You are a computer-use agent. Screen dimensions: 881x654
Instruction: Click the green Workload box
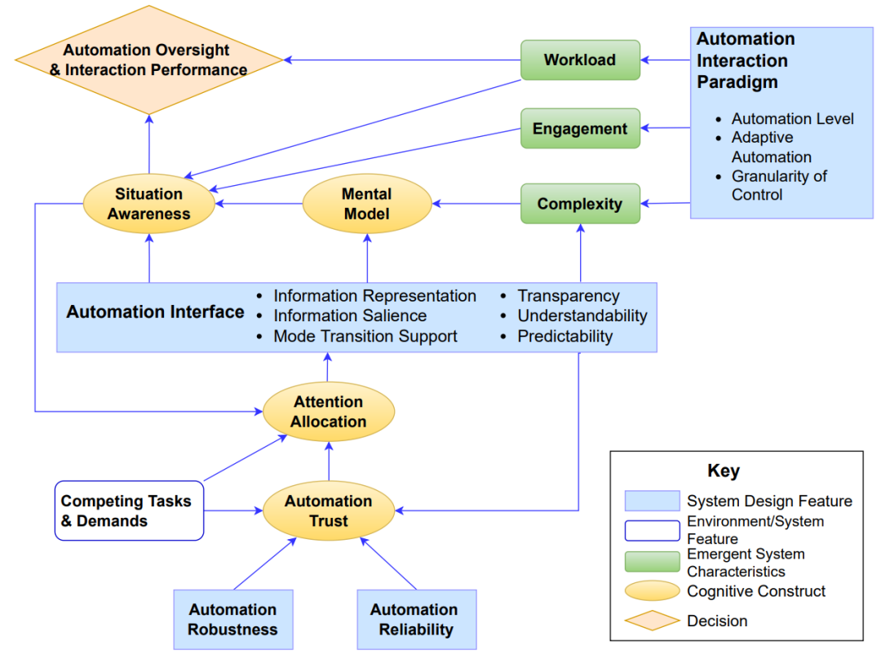(581, 60)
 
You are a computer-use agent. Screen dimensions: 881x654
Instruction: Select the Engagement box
(581, 128)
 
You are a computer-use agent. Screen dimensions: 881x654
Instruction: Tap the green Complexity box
(581, 203)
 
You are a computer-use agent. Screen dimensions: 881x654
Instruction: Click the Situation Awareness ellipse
(149, 203)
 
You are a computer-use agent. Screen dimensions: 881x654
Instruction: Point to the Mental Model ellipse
(367, 203)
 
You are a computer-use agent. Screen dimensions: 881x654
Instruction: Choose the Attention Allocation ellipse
(329, 412)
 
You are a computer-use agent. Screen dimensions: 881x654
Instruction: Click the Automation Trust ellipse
(329, 510)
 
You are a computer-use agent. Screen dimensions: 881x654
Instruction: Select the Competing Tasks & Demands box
(129, 510)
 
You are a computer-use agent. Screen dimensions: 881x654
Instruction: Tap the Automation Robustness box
(233, 619)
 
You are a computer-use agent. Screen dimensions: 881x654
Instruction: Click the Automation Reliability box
(417, 619)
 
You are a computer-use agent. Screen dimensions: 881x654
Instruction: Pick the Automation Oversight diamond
(149, 60)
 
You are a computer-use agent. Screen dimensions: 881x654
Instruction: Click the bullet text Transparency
(568, 295)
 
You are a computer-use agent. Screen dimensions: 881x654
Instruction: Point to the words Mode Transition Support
(365, 336)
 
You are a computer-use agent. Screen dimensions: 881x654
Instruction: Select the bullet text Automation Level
(792, 118)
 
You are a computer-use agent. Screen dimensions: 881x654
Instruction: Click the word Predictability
(564, 336)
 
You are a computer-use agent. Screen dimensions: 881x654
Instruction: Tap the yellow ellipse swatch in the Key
(653, 590)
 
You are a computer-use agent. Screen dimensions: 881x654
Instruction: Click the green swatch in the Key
(653, 561)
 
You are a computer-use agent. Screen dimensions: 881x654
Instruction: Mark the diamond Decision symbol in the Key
(653, 621)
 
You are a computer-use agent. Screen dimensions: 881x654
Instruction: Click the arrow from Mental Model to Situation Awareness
(259, 203)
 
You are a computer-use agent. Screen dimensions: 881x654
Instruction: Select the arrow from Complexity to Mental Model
(476, 203)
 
